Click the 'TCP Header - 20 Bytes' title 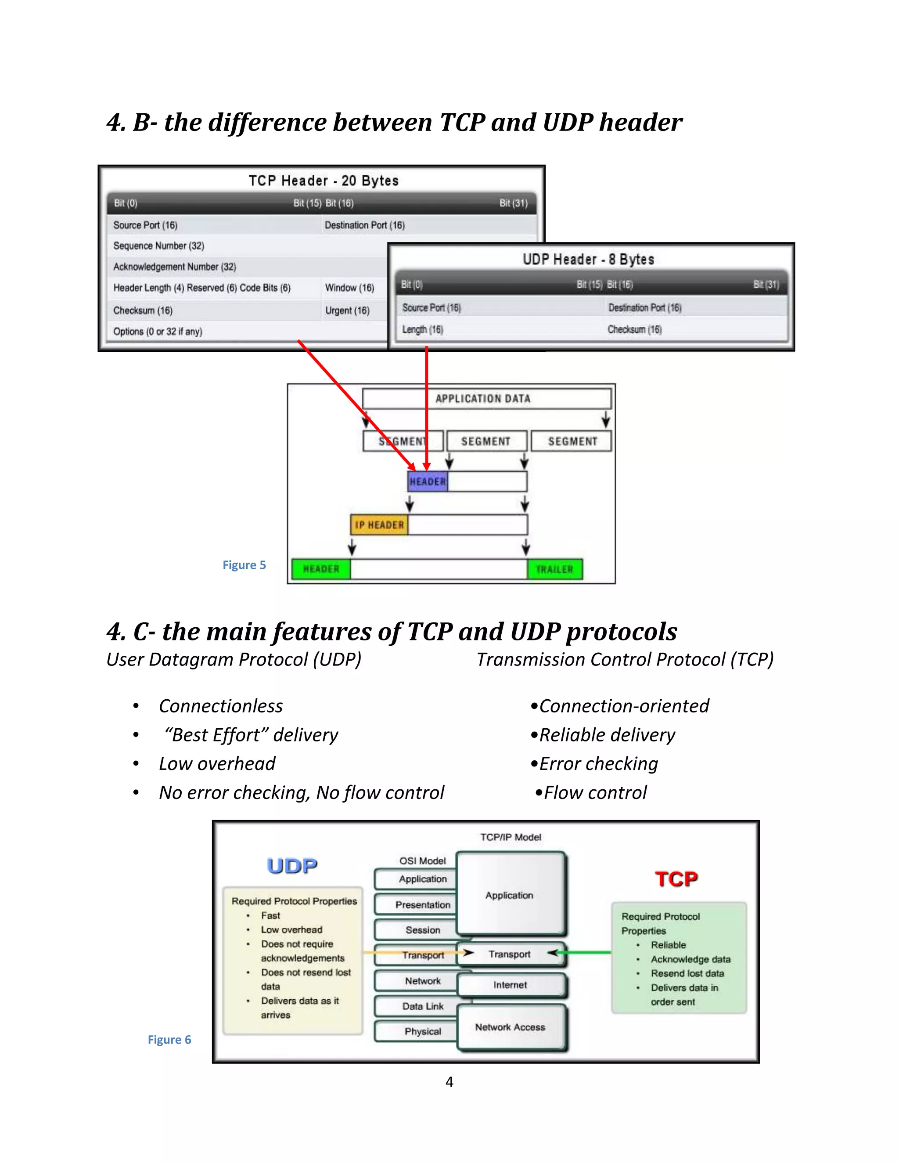pos(323,181)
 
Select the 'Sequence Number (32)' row pos(159,246)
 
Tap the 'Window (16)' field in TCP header pos(349,288)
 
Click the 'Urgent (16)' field pos(347,310)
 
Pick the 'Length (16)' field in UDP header pos(422,329)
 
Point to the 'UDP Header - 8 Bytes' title pos(588,260)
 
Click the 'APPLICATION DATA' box pos(482,399)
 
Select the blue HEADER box pos(428,481)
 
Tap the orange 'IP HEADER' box pos(379,525)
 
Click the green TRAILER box pos(554,569)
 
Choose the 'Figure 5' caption pos(244,565)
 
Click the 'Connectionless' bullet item pos(220,706)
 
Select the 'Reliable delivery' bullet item pos(607,735)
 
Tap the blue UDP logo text pos(292,866)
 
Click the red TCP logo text pos(676,879)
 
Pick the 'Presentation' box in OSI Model pos(422,905)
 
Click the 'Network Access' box pos(510,1027)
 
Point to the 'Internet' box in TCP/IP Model pos(510,985)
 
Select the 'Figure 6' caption pos(169,1040)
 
